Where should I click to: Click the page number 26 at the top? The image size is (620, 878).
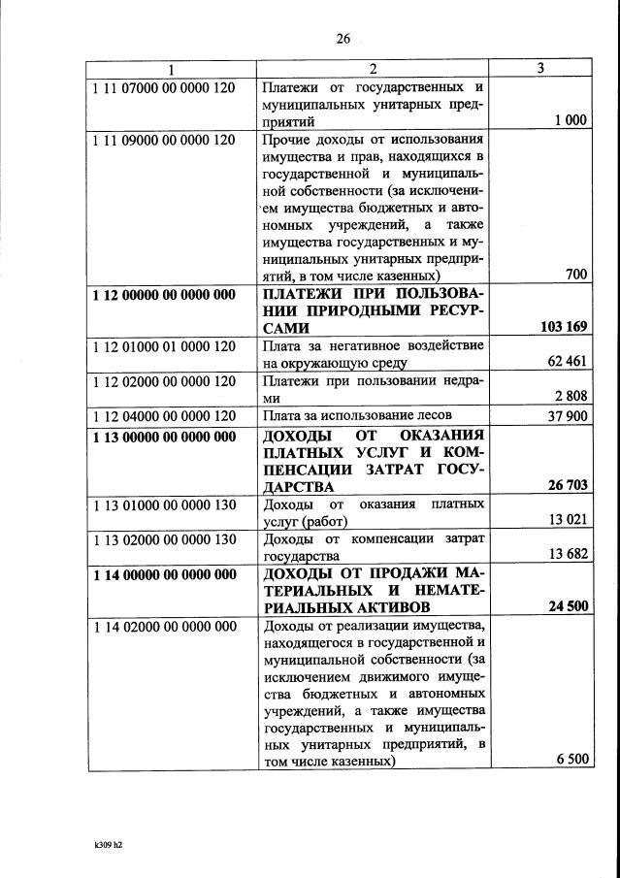coord(342,39)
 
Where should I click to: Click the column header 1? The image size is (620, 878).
coord(172,69)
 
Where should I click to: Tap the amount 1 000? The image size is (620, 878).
coord(571,121)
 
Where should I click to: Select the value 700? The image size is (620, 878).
coord(576,275)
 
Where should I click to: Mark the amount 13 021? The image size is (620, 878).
coord(568,521)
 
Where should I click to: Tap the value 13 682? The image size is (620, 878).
coord(568,556)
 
